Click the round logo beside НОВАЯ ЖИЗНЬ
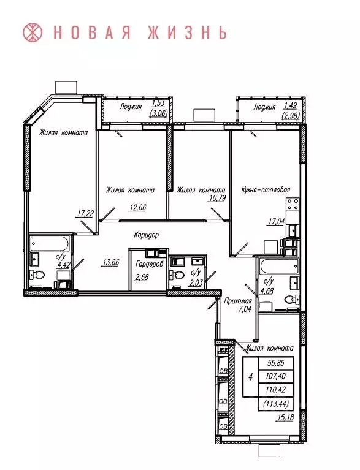point(33,32)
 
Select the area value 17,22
point(85,213)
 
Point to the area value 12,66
point(137,207)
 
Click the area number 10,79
point(217,198)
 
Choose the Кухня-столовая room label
point(266,190)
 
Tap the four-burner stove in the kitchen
point(293,205)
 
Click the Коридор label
point(146,235)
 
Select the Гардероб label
point(149,264)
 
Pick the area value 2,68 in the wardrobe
point(142,277)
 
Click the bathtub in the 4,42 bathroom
point(50,244)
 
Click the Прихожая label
point(238,301)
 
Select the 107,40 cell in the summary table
point(276,376)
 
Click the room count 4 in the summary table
point(250,377)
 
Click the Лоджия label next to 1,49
point(264,107)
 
